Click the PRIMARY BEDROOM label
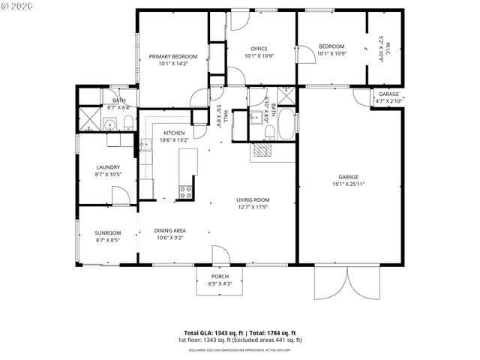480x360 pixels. click(x=172, y=57)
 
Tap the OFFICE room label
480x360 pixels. click(x=259, y=49)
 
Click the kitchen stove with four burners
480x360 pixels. click(x=185, y=190)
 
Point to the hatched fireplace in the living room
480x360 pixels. click(x=263, y=150)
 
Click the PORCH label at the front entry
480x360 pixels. click(x=220, y=276)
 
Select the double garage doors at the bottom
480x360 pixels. click(x=333, y=283)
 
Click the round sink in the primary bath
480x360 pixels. click(x=109, y=125)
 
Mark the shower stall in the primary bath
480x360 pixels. click(x=89, y=120)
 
